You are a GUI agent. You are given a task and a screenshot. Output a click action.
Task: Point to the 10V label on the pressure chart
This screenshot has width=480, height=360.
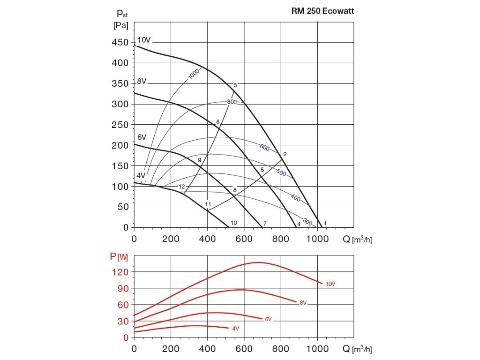(144, 40)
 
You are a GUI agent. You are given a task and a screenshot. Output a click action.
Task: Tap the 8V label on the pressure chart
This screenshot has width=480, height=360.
(142, 82)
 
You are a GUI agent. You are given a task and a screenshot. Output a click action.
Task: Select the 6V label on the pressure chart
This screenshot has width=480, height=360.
(142, 137)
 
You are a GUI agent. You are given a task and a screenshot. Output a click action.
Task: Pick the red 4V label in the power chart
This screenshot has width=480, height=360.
(235, 329)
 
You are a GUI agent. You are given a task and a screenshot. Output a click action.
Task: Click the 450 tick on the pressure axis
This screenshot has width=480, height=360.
(120, 43)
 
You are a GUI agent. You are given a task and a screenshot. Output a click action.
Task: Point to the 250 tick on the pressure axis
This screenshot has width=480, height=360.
(120, 125)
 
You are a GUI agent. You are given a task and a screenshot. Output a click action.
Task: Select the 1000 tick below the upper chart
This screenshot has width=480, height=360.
(317, 239)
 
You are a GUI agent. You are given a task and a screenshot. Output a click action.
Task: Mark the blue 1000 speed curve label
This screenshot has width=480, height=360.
(194, 74)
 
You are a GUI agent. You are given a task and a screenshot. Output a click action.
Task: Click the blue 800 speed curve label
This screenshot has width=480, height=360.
(232, 102)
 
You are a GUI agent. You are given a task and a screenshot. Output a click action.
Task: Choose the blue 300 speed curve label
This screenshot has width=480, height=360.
(307, 221)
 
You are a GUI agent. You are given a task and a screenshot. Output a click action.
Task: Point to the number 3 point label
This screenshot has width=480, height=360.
(235, 85)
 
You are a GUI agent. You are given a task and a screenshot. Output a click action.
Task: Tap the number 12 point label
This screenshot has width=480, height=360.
(182, 187)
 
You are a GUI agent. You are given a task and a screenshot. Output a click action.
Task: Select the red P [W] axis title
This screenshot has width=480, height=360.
(119, 256)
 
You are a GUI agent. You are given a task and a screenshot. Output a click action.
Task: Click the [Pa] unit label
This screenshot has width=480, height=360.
(120, 26)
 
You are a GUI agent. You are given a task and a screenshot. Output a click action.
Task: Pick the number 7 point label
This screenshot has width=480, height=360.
(265, 223)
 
